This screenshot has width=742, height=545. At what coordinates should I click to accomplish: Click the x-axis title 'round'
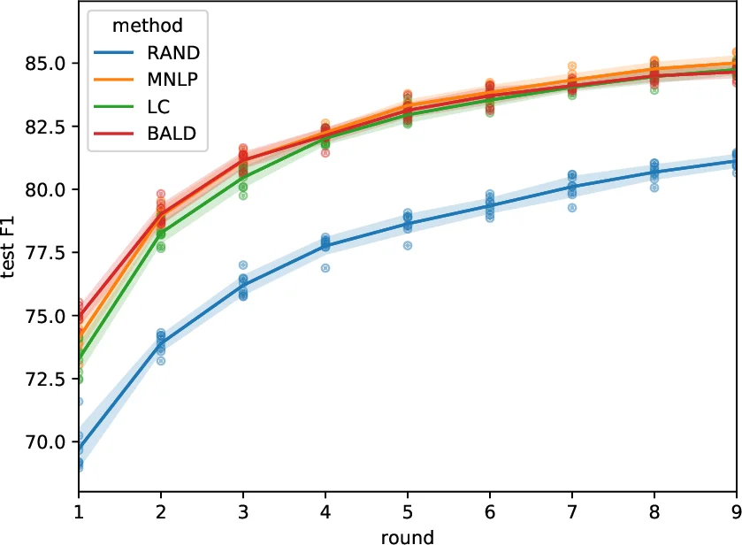click(408, 535)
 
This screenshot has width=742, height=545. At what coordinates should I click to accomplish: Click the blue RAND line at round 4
click(325, 246)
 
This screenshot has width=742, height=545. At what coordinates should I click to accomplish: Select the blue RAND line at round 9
click(736, 161)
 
